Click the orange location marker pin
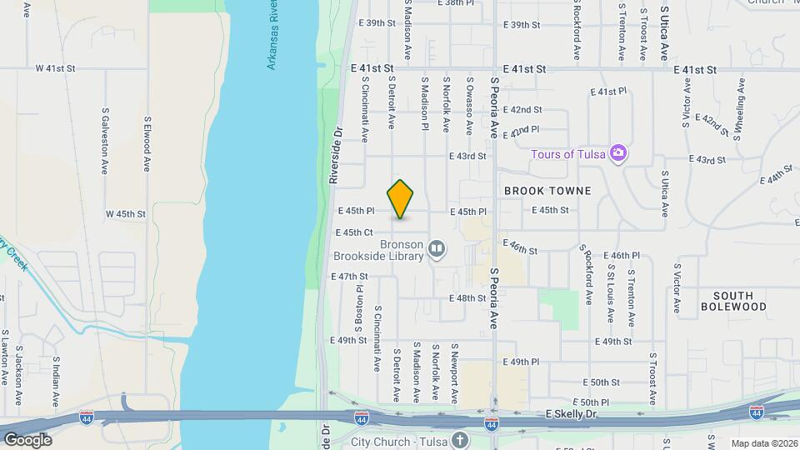(x=401, y=199)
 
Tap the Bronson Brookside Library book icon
(x=437, y=249)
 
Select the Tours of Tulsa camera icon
(x=618, y=152)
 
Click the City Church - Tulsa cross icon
(x=460, y=440)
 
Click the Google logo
(x=27, y=439)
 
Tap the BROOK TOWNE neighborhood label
(x=547, y=191)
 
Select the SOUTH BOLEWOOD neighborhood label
(x=733, y=301)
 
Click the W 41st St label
(x=55, y=68)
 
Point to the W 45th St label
(x=125, y=214)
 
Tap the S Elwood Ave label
(x=146, y=143)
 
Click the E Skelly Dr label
(x=573, y=414)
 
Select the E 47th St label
(x=349, y=276)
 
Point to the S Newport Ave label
(x=455, y=371)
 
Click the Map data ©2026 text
(x=764, y=442)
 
